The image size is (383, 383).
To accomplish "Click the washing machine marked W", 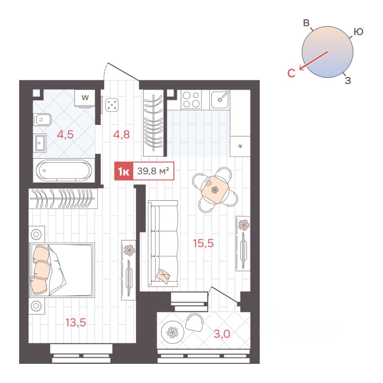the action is coord(85,98).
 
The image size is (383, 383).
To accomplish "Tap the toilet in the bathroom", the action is coord(42,120).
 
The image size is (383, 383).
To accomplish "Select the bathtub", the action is coord(64,170).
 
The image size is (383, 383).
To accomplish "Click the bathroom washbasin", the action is coord(39,143).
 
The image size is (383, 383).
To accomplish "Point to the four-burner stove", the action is coord(191,100).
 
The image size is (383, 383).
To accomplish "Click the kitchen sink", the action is coord(220,100).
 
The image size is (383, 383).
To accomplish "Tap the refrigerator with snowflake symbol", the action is coord(240,146).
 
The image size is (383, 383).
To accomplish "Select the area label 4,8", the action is coord(121,134).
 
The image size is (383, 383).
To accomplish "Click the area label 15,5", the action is coord(203,243).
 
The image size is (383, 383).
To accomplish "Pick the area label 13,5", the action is coord(76,323).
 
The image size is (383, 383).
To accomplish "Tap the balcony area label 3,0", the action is coord(222,334).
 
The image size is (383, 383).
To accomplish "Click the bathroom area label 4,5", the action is coord(65,134).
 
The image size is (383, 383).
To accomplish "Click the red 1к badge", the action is coord(124,171).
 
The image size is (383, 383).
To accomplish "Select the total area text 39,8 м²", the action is coord(153,171).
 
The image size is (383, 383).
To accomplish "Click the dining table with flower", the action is coord(215,190).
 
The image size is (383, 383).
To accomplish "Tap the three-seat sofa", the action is coord(163,243).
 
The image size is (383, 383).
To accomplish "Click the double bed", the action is coord(61,270).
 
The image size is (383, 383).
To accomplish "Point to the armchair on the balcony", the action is coord(194,322).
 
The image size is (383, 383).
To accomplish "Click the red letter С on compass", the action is coord(291,73).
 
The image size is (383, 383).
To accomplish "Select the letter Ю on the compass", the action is coord(358,32).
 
